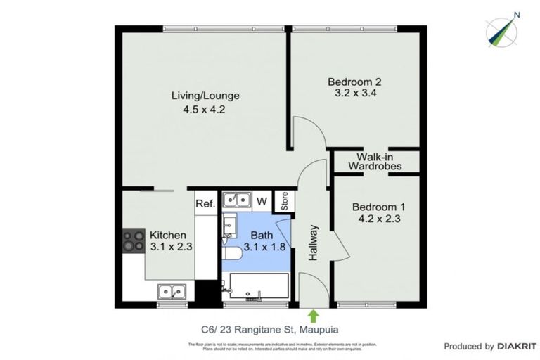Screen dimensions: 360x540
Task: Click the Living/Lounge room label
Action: pos(206,96)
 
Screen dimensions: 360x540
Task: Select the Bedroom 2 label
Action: pos(349,82)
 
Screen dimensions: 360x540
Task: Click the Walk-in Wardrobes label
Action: pos(379,162)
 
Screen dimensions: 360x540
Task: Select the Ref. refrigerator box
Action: pos(205,203)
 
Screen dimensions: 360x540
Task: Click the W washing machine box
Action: pos(261,201)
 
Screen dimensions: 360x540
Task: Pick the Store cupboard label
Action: pos(285,201)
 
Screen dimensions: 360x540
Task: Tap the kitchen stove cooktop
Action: pos(133,243)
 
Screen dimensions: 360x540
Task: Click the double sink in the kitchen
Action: pos(172,290)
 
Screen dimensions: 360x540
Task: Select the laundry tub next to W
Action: pos(237,200)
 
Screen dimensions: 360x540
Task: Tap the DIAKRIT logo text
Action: pos(517,346)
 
